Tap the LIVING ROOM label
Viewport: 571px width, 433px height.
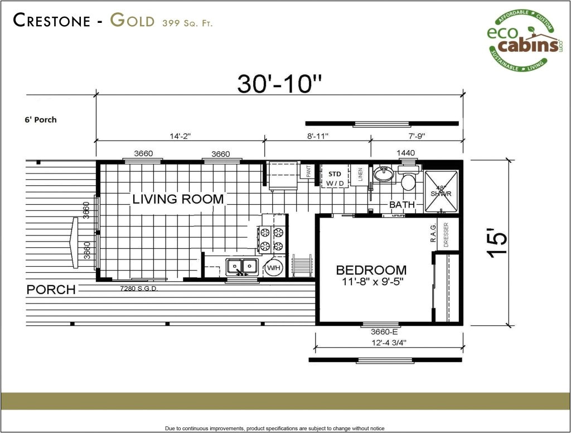[x=178, y=199]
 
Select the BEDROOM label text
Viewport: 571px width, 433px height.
[x=371, y=270]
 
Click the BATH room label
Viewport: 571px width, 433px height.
[x=402, y=205]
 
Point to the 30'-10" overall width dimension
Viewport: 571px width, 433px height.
[x=279, y=84]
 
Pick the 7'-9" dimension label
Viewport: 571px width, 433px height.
[x=416, y=134]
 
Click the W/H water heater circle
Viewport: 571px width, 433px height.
[x=274, y=268]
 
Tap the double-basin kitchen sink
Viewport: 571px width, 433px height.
[x=241, y=266]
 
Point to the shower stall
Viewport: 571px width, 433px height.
[x=442, y=191]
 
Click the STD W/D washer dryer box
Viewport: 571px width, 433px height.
[x=334, y=179]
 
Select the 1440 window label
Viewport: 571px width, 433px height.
[x=405, y=153]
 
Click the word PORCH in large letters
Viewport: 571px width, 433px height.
[x=51, y=290]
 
